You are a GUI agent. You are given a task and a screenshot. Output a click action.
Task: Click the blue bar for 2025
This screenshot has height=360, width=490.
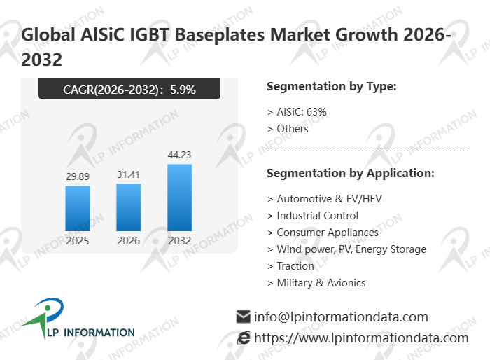tap(78, 208)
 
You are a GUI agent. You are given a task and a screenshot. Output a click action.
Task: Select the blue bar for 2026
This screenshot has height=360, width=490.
tap(129, 207)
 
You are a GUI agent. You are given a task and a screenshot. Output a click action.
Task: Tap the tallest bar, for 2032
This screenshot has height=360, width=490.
tap(180, 198)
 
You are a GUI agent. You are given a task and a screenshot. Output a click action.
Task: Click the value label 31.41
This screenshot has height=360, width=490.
tap(129, 174)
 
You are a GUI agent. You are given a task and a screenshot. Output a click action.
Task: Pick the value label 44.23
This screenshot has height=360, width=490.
tap(180, 155)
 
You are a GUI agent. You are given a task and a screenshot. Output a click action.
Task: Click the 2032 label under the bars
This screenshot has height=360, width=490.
tap(180, 241)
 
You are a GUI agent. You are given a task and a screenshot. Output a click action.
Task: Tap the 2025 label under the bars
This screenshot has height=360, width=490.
tap(78, 241)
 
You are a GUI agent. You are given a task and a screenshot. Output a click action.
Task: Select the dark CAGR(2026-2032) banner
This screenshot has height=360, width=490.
tap(129, 89)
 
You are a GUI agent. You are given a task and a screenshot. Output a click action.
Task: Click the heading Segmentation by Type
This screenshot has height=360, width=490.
tap(332, 87)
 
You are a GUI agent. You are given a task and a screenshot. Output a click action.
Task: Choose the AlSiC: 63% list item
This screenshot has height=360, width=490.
tap(297, 111)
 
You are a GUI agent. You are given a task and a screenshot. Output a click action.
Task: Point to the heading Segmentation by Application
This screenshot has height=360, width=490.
tap(351, 173)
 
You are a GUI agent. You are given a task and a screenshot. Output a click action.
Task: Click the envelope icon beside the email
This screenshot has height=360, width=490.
tap(244, 317)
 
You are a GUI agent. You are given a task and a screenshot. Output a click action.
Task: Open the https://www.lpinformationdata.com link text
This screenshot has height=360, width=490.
tap(361, 338)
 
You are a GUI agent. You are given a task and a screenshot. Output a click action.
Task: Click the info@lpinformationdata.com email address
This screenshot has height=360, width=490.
tap(341, 317)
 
